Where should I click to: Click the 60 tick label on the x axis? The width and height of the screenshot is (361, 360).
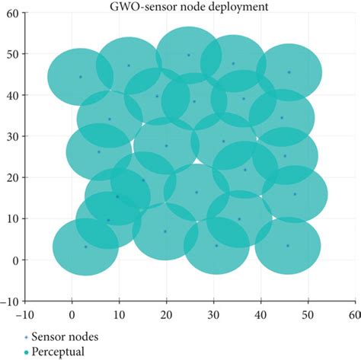tap(353, 313)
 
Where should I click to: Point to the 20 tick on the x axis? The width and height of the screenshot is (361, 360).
tap(166, 313)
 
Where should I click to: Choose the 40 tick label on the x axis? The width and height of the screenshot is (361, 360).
tap(260, 313)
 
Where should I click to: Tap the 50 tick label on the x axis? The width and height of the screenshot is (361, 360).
tap(307, 313)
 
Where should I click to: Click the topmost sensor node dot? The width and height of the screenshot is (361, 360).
tap(189, 55)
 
